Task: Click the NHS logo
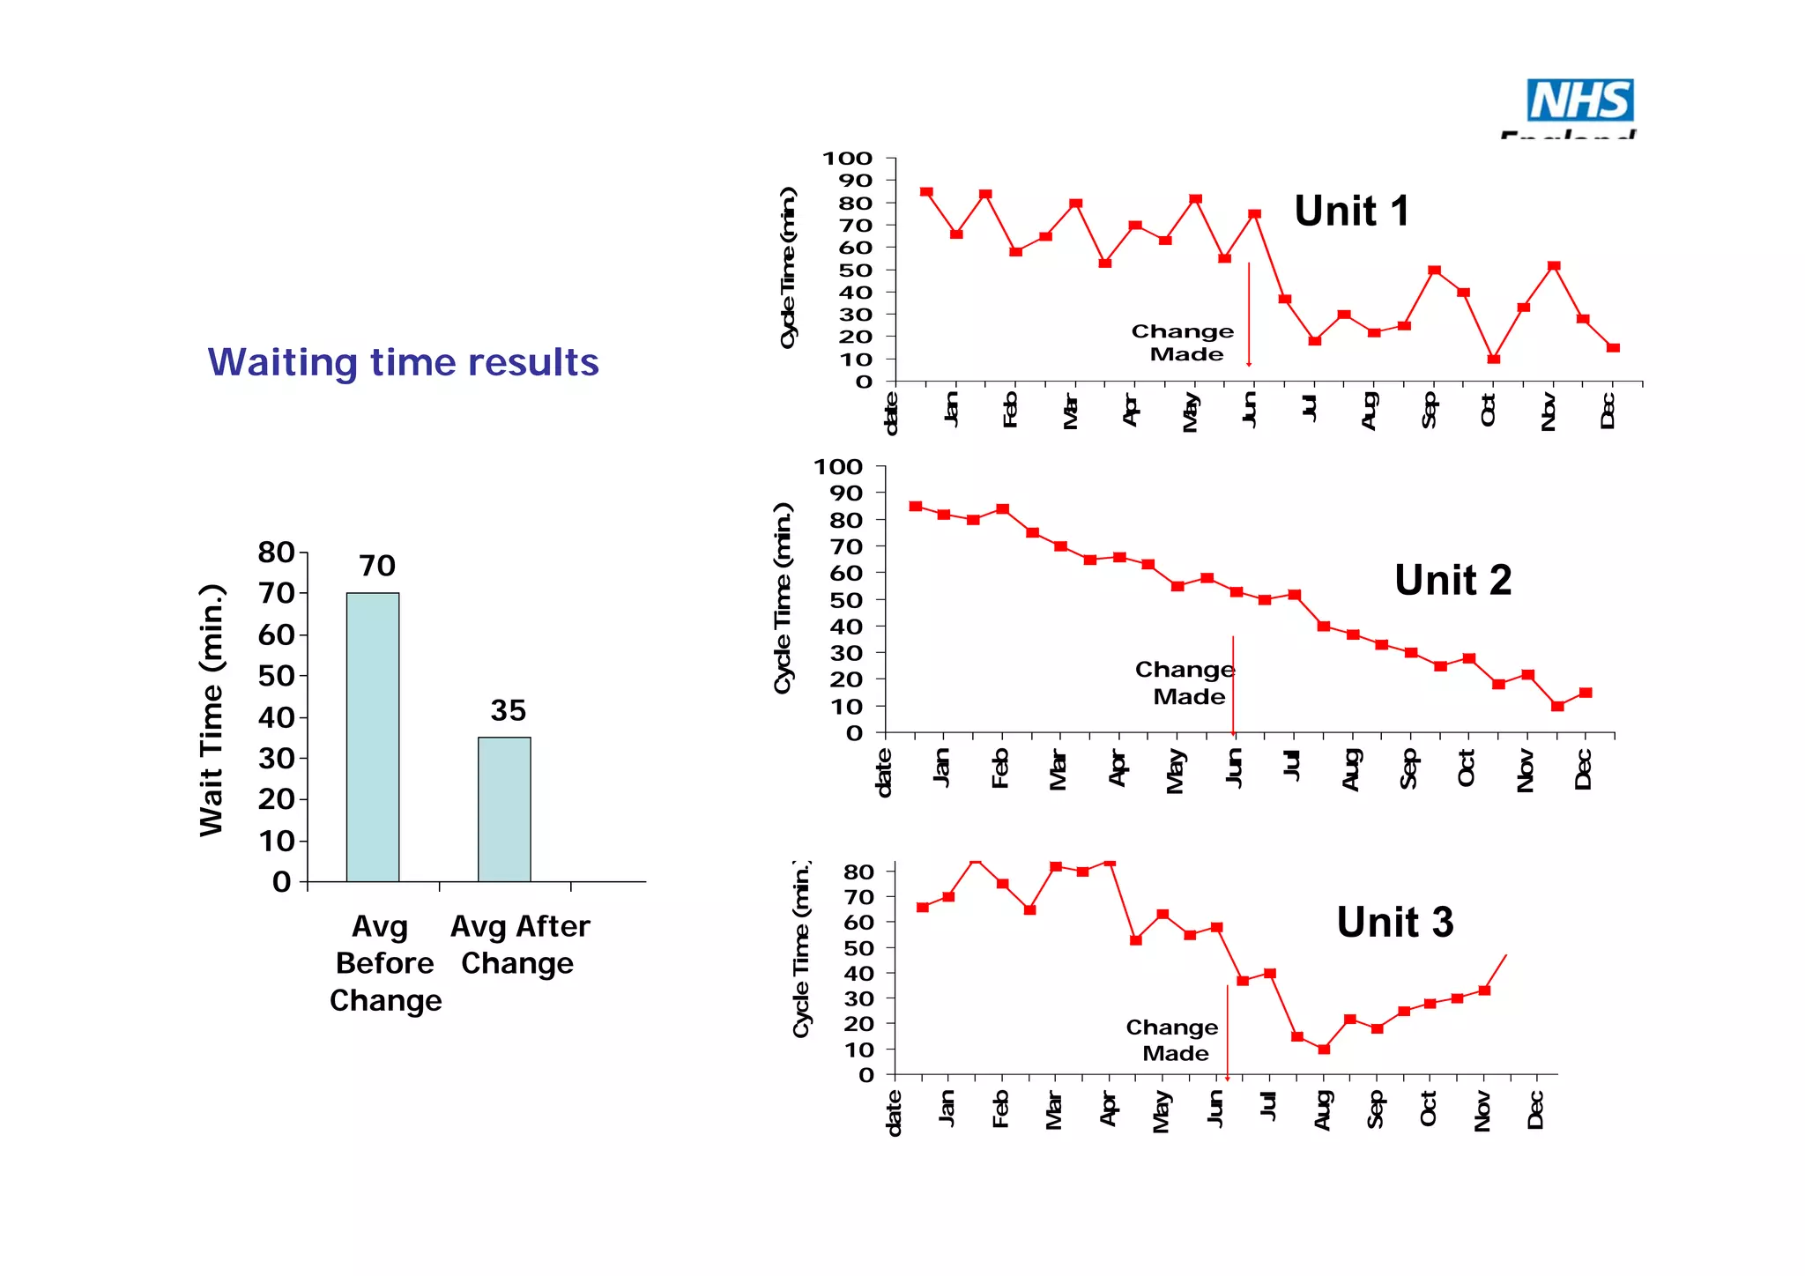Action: pos(1579,100)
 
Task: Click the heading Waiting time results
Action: pos(403,362)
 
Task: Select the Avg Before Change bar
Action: pos(372,737)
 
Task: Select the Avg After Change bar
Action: pos(504,809)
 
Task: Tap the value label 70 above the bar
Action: pos(377,566)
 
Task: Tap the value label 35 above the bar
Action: pos(508,710)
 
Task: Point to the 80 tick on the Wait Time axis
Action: pos(276,553)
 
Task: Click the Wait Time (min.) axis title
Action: pos(212,710)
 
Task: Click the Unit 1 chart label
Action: pos(1350,211)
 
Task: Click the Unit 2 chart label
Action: pos(1452,581)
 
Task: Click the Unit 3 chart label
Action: pos(1394,923)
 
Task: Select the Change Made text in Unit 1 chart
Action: pos(1183,343)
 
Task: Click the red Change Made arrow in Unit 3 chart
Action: pos(1227,1031)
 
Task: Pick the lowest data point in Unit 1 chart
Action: pos(1493,359)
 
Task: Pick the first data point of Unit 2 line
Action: pos(916,507)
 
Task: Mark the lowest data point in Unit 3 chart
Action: pos(1323,1049)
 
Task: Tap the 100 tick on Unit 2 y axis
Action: pos(837,467)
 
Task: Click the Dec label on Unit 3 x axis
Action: pos(1535,1110)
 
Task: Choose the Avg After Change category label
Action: pos(519,945)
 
